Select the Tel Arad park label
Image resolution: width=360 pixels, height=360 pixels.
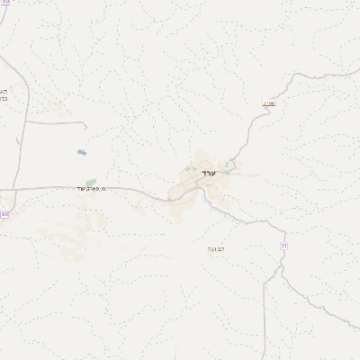(93, 188)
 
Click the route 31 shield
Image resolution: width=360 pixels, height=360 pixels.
(283, 245)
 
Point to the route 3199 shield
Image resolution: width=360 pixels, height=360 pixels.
(268, 103)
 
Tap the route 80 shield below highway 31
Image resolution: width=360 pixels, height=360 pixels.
(4, 214)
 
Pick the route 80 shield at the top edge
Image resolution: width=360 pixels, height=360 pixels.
(5, 3)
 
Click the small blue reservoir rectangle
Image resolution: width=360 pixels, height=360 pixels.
(82, 152)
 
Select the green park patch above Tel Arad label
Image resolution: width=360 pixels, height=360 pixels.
(91, 182)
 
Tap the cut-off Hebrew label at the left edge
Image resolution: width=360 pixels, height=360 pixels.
(3, 94)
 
